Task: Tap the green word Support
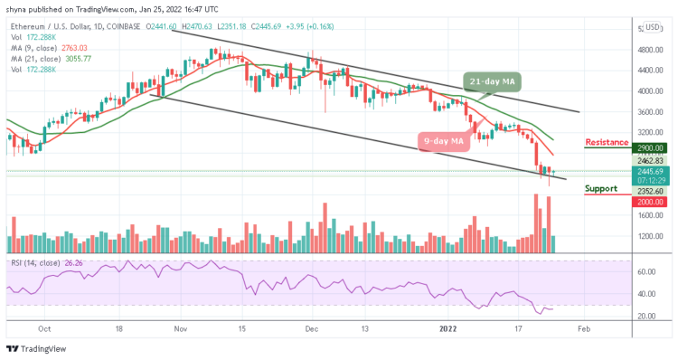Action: (600, 188)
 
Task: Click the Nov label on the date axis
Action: (179, 331)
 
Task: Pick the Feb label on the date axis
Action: (584, 331)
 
